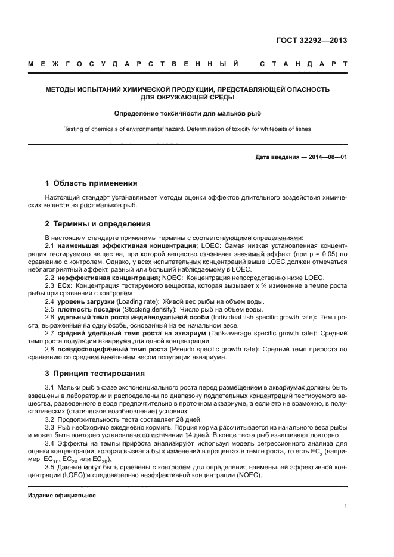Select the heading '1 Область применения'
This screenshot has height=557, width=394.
click(x=91, y=183)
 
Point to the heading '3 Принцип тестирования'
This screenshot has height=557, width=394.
click(x=95, y=374)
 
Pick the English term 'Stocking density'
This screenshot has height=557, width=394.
click(x=132, y=310)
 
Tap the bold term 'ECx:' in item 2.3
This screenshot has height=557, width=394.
click(x=64, y=285)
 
